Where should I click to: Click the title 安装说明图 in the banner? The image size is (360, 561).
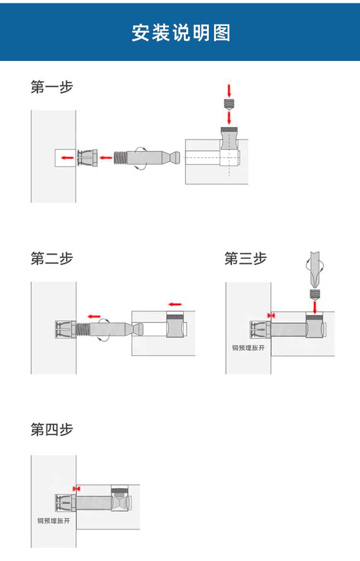pos(180,33)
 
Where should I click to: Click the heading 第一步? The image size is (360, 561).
pos(52,87)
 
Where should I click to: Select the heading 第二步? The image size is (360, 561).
pos(52,259)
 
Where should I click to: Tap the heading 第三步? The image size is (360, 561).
pos(245,259)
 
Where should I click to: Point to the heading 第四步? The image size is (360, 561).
pos(52,430)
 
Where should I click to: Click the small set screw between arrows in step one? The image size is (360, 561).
pos(229,103)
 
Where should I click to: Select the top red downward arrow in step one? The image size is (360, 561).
pos(229,90)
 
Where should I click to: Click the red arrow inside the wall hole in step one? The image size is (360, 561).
pos(67,157)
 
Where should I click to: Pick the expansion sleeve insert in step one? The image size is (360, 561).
pos(87,157)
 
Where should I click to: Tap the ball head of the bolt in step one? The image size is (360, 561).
pos(176,157)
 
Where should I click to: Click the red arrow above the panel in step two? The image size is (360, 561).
pos(175,304)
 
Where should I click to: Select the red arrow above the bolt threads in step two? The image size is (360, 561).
pos(94,316)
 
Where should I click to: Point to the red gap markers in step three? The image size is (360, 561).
pos(271,315)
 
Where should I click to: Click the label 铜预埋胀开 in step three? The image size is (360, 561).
pos(248,348)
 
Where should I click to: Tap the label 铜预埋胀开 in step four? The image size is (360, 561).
pos(54,521)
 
